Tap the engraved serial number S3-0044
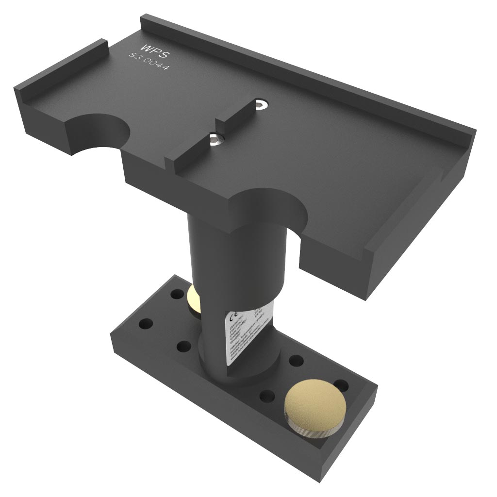click(149, 63)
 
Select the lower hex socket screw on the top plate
click(217, 140)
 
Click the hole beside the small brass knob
click(175, 295)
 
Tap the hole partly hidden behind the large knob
click(341, 384)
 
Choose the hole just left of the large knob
click(267, 396)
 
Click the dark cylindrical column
click(214, 252)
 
